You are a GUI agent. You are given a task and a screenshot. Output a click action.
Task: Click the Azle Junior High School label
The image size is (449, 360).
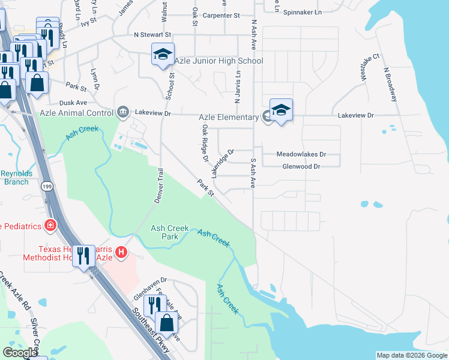pyautogui.click(x=218, y=61)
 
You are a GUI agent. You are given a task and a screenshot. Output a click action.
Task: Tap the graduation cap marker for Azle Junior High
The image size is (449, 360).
pyautogui.click(x=163, y=55)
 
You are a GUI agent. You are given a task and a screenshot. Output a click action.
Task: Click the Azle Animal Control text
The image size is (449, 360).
pyautogui.click(x=76, y=113)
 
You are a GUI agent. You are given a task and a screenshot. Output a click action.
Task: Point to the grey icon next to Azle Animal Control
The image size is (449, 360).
pyautogui.click(x=124, y=112)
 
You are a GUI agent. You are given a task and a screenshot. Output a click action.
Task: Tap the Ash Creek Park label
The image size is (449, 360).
pyautogui.click(x=170, y=232)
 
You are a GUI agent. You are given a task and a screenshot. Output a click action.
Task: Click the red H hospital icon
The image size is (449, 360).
pyautogui.click(x=122, y=253)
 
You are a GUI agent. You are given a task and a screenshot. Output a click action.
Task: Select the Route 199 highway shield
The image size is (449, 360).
pyautogui.click(x=47, y=188)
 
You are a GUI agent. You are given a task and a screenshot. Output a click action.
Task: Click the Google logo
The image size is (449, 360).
pyautogui.click(x=20, y=353)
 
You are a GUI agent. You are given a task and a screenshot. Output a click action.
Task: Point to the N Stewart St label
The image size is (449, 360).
pyautogui.click(x=152, y=35)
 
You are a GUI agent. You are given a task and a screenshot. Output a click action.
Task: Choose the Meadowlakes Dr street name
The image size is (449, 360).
pyautogui.click(x=300, y=154)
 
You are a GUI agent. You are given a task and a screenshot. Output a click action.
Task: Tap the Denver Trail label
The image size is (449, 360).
pyautogui.click(x=159, y=186)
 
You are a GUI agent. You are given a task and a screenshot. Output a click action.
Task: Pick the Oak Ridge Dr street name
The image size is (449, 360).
pyautogui.click(x=205, y=144)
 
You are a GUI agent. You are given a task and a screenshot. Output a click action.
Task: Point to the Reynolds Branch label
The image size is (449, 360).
pyautogui.click(x=16, y=178)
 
